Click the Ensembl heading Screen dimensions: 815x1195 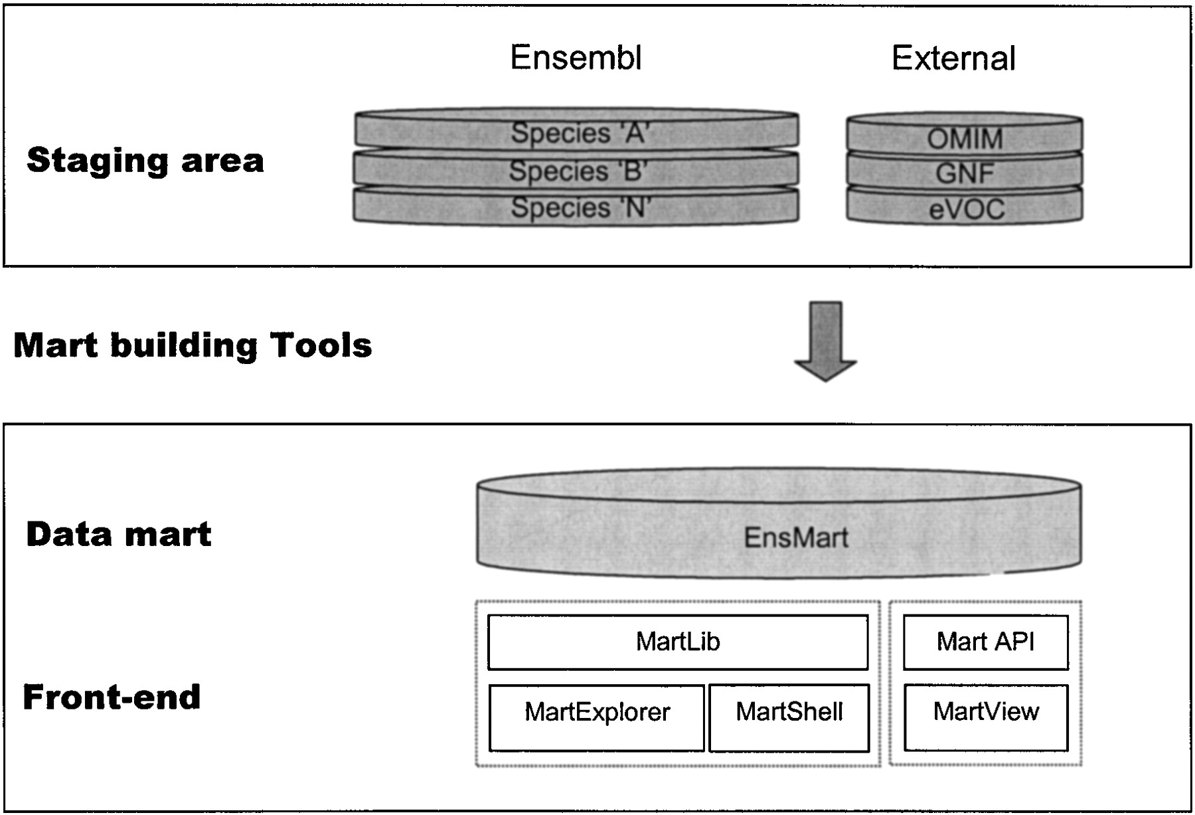(x=576, y=58)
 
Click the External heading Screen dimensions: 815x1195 (x=953, y=58)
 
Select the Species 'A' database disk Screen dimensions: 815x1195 (x=576, y=132)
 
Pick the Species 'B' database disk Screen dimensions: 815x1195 (x=576, y=171)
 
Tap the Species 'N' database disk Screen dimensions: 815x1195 (x=576, y=207)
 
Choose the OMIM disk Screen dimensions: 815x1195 (x=965, y=138)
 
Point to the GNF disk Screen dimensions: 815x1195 (x=965, y=173)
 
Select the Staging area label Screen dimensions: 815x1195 (x=145, y=161)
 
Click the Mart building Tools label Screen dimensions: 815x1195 (x=193, y=345)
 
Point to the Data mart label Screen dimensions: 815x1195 (x=119, y=535)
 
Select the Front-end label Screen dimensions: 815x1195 (x=112, y=697)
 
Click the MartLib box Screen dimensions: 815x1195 (x=678, y=642)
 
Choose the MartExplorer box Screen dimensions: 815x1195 (x=597, y=717)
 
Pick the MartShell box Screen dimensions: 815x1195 (x=789, y=717)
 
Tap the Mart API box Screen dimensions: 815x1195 (x=985, y=642)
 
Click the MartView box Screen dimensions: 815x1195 (x=986, y=717)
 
